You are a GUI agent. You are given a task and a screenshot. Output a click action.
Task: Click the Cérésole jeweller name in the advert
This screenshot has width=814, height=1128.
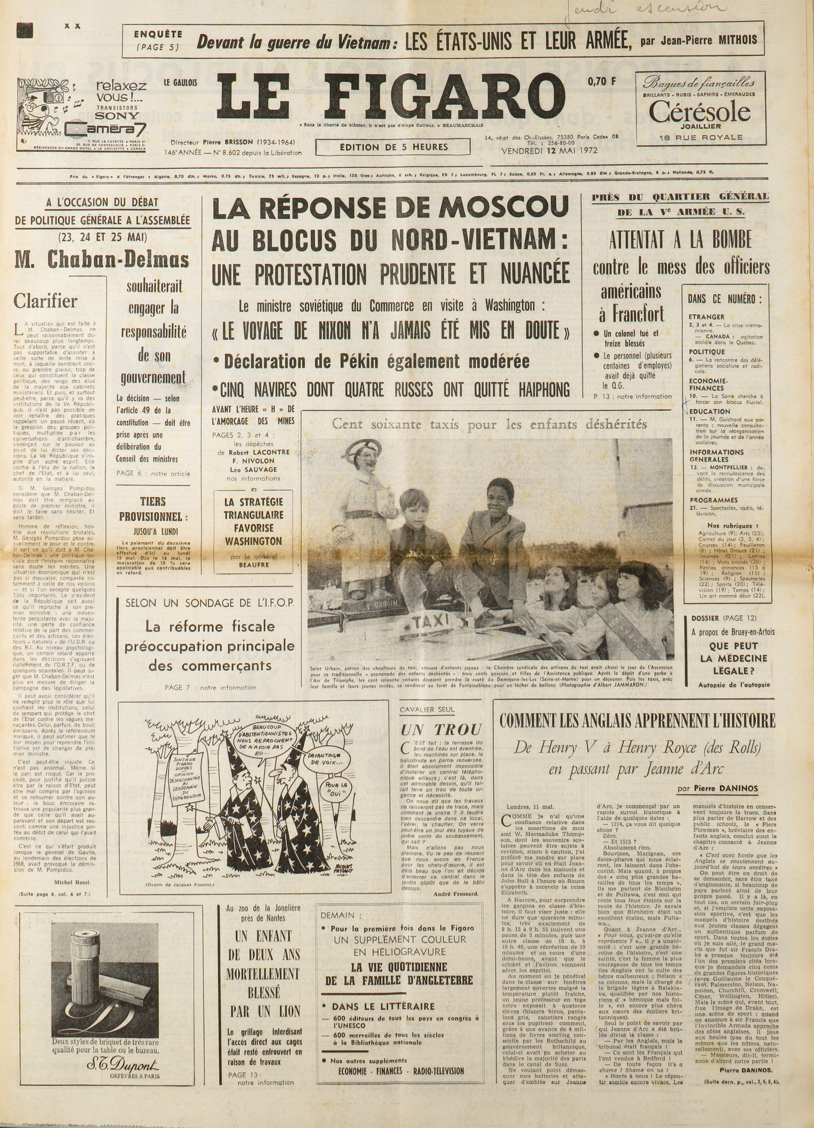click(x=699, y=112)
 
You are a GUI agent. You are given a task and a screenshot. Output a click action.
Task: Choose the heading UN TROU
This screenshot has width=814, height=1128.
click(x=441, y=729)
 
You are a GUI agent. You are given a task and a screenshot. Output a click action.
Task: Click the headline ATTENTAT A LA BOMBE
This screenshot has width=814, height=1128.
click(x=680, y=240)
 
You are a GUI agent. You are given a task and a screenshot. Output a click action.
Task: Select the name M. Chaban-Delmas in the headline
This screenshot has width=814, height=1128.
click(x=102, y=259)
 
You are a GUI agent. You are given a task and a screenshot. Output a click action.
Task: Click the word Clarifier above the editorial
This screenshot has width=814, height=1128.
click(x=45, y=301)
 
